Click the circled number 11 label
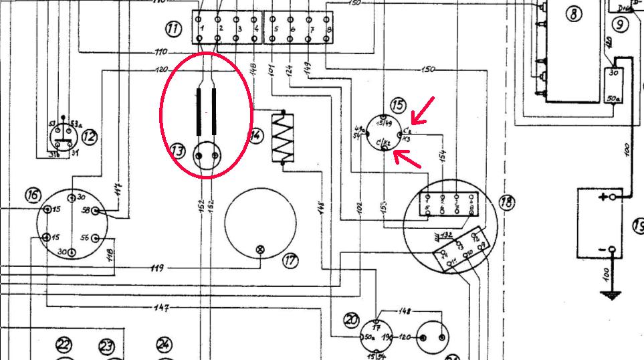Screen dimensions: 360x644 (174, 29)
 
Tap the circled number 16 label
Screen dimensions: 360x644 (33, 195)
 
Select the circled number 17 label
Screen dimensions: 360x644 (290, 261)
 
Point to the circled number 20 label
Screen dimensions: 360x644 (352, 320)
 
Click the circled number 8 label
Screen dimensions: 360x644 (574, 14)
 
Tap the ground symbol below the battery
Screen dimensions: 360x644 (609, 294)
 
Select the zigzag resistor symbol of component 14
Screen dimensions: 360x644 (283, 137)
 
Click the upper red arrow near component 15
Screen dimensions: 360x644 (422, 111)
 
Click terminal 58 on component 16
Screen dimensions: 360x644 (96, 211)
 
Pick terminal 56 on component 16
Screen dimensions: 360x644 (96, 238)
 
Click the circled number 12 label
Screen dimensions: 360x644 (89, 138)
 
